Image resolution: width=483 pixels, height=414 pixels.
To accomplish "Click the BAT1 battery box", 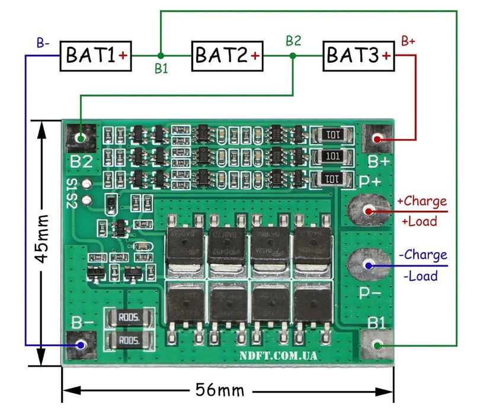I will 95,56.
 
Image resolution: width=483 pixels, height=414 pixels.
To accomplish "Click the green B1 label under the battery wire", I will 161,69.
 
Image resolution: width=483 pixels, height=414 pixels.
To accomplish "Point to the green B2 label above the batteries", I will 293,41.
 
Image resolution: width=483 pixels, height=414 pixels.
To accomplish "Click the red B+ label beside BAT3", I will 408,41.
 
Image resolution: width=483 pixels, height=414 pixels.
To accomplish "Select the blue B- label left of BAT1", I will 43,43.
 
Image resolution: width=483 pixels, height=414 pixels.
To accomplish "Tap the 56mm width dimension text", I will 219,390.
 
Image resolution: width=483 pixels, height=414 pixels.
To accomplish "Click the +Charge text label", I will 422,201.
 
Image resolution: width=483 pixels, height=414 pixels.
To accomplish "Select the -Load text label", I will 420,275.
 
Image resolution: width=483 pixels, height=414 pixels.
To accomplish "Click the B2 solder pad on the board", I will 81,138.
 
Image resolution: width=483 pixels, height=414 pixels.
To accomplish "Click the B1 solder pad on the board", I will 376,345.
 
